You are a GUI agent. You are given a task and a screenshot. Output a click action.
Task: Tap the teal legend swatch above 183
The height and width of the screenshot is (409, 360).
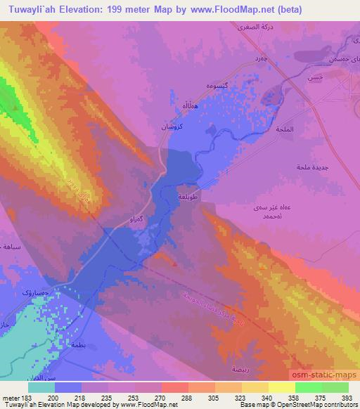pos(41,387)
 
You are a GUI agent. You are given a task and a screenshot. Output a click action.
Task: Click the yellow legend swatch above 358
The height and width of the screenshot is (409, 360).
pos(282,387)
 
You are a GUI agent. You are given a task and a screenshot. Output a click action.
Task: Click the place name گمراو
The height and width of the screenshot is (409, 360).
pos(138,221)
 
